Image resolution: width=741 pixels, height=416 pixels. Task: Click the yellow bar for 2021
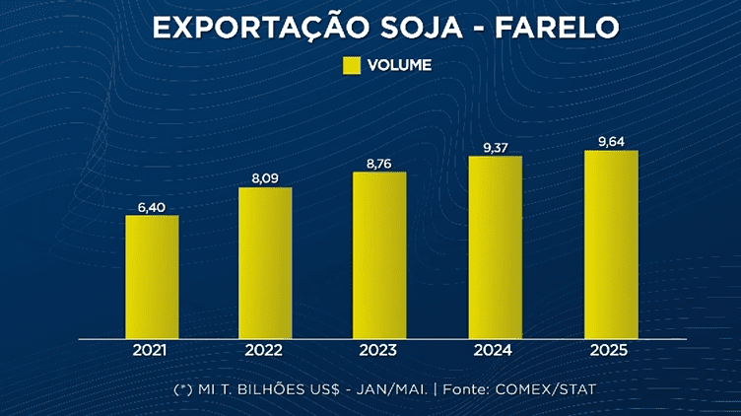pos(152,276)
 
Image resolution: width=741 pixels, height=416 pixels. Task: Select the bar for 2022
pos(265,262)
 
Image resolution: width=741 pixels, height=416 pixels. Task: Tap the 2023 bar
pos(379,255)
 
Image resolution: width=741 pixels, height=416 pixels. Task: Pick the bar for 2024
pos(495,247)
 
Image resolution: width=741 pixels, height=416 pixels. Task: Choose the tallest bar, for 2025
pos(611,244)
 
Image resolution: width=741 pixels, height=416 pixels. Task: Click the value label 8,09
pos(265,179)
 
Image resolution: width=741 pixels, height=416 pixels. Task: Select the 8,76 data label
pos(379,164)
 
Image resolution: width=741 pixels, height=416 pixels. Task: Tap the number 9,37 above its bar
pos(495,148)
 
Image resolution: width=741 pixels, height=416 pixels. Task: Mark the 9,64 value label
pos(611,141)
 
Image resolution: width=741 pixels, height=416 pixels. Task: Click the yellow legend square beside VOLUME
pos(352,66)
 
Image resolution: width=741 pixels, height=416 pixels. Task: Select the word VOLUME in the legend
pos(399,66)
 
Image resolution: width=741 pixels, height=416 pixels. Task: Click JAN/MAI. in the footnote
pos(394,390)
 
